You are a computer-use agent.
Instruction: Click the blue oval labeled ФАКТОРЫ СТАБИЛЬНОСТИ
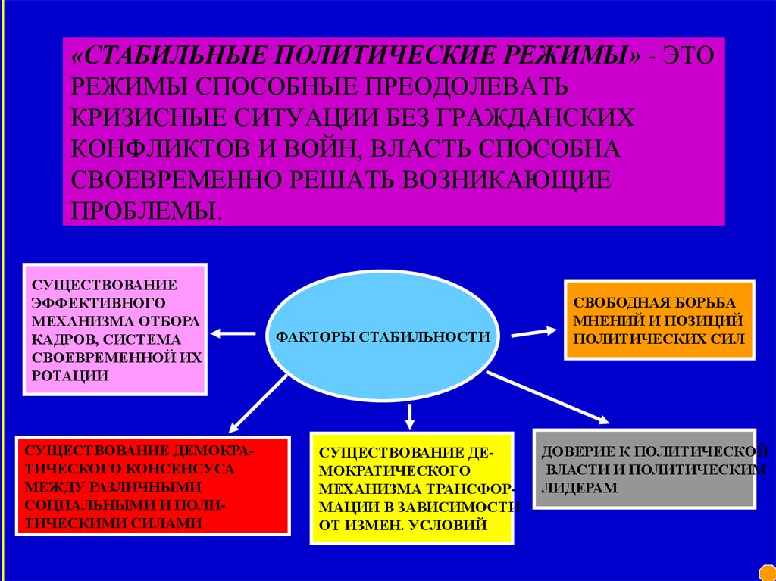(383, 336)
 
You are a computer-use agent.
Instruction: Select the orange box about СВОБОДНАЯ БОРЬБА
(659, 319)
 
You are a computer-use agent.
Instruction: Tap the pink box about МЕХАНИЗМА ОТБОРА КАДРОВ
(115, 329)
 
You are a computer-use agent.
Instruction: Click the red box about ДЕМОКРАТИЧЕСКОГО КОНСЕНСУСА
(152, 486)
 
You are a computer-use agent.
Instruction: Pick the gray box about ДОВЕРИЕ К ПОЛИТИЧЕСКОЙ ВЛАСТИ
(645, 469)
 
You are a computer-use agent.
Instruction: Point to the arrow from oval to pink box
(233, 333)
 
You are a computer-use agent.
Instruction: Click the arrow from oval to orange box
(533, 330)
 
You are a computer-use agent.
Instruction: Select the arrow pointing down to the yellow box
(410, 415)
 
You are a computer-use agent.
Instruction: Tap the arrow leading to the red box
(257, 404)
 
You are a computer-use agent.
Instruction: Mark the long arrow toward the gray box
(547, 397)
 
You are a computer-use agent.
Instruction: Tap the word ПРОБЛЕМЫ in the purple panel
(143, 210)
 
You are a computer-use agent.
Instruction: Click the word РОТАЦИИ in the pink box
(68, 375)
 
